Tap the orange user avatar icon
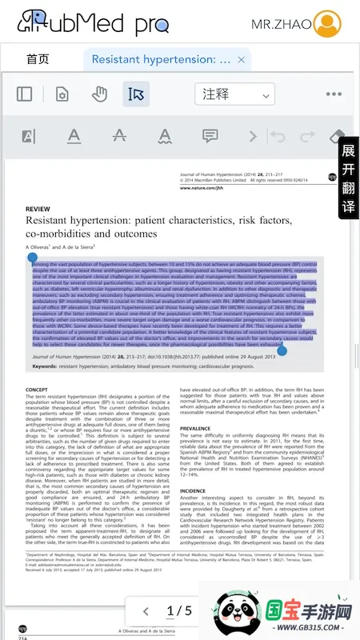tap(326, 24)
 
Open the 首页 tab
tap(38, 59)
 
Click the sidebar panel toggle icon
tap(25, 94)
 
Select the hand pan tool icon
tap(99, 94)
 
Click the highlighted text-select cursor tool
tap(136, 94)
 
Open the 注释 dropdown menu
tap(235, 94)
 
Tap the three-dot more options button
tap(334, 94)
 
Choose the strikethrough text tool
tap(119, 136)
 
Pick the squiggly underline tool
tap(165, 136)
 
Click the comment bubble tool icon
tap(210, 136)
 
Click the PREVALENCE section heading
tap(196, 429)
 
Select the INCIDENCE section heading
tap(193, 490)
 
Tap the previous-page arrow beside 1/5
tap(146, 611)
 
